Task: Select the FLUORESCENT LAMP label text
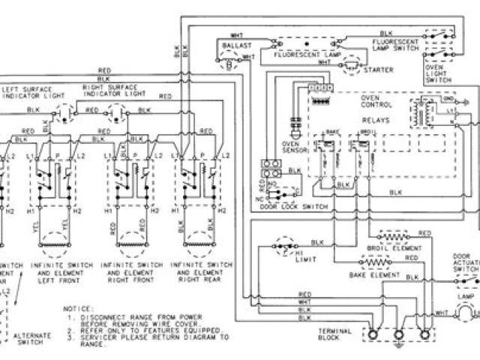point(310,55)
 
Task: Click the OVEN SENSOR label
point(291,147)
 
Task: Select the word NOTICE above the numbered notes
point(79,309)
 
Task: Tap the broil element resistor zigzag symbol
point(395,235)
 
